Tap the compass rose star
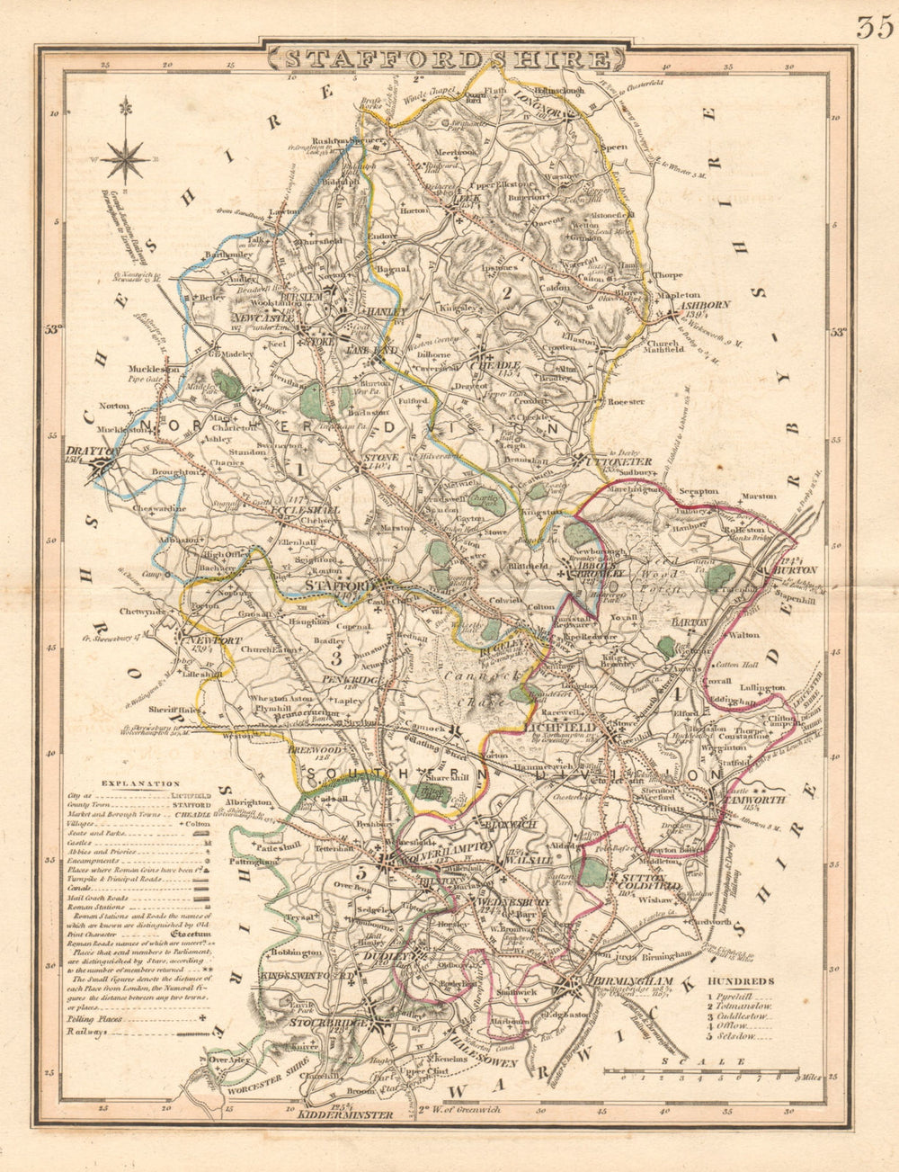point(125,160)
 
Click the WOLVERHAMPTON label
point(441,847)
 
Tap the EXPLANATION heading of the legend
point(133,783)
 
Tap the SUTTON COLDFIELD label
point(640,882)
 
